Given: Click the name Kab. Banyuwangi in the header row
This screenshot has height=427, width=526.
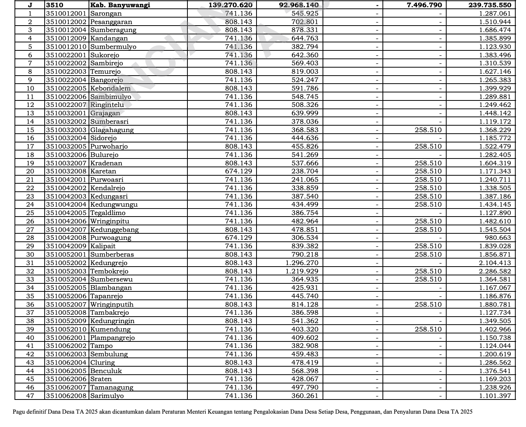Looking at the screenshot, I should (120, 5).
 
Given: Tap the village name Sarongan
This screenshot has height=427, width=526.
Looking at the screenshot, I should (106, 13).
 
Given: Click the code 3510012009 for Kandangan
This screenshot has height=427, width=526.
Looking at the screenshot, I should (66, 38).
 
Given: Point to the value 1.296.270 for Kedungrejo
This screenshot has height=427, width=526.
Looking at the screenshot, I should (302, 263).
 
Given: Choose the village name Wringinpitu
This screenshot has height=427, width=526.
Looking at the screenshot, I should (110, 221).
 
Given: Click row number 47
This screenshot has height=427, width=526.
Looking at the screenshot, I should (30, 396).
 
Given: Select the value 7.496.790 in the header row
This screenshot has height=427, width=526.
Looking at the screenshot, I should (424, 5).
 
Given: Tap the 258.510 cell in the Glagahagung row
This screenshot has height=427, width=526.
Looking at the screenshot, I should (428, 130).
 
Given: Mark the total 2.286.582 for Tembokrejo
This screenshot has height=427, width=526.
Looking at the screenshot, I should (495, 271).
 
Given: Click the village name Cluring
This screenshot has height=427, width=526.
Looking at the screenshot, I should (102, 362).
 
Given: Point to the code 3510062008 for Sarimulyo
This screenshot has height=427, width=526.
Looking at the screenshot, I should (66, 396).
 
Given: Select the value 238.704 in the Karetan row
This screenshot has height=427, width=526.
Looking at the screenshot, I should (305, 171).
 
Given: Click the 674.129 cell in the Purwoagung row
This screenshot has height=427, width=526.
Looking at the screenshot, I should (239, 238).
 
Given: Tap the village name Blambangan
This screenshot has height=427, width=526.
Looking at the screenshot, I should (111, 288).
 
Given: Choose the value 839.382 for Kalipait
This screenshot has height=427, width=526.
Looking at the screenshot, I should (305, 246).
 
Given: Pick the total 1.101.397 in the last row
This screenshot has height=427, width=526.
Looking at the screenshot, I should (495, 396).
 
